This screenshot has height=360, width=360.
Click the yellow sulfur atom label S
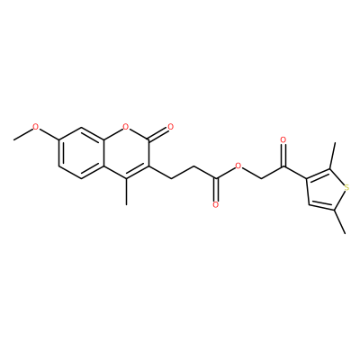(347, 188)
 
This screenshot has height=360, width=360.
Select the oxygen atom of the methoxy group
(36, 127)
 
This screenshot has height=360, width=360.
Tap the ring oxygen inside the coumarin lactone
(126, 127)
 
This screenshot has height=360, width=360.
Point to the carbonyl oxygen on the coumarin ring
(171, 127)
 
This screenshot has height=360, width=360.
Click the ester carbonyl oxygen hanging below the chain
(215, 205)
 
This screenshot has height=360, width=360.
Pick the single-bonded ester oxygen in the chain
(238, 166)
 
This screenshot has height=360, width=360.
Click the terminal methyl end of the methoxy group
(13, 139)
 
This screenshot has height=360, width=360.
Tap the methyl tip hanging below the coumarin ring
(126, 205)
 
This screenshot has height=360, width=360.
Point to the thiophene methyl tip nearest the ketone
(335, 143)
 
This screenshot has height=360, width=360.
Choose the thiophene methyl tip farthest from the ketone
(346, 233)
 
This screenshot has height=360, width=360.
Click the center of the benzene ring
(81, 153)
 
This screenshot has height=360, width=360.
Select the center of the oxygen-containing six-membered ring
(126, 153)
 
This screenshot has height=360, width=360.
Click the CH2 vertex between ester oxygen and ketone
(261, 179)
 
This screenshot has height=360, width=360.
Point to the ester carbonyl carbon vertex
(215, 179)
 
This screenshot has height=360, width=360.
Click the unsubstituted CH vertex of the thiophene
(309, 204)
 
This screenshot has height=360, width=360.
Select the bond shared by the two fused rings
(103, 153)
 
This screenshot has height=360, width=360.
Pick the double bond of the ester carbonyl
(215, 190)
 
